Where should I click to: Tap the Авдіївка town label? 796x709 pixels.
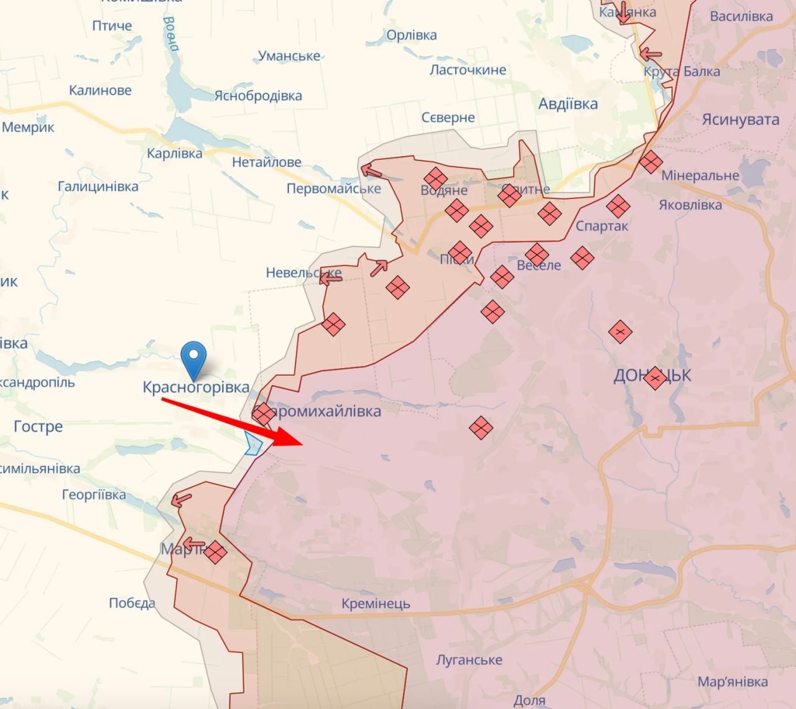click(x=568, y=104)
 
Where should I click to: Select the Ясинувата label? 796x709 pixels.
click(x=740, y=119)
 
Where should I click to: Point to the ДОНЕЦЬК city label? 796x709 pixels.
click(x=652, y=376)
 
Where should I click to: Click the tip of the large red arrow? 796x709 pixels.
click(x=302, y=444)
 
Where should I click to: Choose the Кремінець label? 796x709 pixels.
click(x=376, y=603)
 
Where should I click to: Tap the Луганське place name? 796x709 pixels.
click(x=469, y=659)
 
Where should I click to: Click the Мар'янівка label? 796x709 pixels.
click(x=733, y=682)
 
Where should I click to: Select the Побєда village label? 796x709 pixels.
click(x=132, y=603)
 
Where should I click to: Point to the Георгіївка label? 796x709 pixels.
click(x=94, y=495)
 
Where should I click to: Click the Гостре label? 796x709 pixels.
click(x=39, y=427)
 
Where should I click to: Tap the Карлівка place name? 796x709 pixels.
click(x=175, y=153)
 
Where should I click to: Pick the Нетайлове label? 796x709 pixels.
click(x=267, y=162)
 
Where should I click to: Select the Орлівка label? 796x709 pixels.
click(x=412, y=35)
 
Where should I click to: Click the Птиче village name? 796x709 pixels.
click(x=112, y=25)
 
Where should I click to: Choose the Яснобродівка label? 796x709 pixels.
click(x=258, y=96)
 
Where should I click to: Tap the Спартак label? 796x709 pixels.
click(x=602, y=226)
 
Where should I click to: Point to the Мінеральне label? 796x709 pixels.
click(x=700, y=175)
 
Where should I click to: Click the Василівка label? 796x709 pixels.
click(x=741, y=16)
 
